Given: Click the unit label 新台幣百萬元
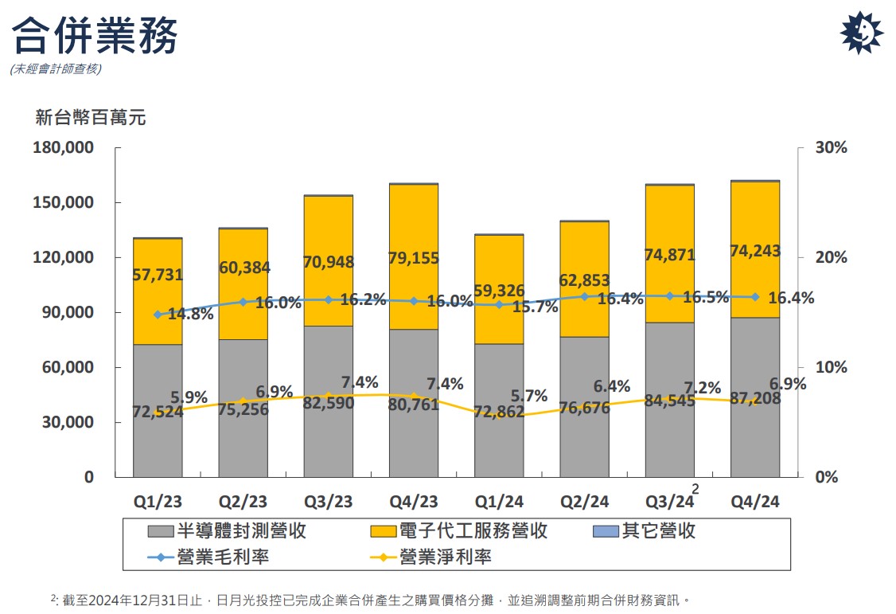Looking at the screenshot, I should point(91,119).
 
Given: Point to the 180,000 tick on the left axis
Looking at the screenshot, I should point(63,148).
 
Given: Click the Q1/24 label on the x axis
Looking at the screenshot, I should point(500,502).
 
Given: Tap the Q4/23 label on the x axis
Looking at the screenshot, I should point(414,502).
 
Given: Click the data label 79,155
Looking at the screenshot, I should point(414,258).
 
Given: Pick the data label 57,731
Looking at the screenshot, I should point(158,276).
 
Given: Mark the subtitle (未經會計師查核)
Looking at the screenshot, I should point(56,69).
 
